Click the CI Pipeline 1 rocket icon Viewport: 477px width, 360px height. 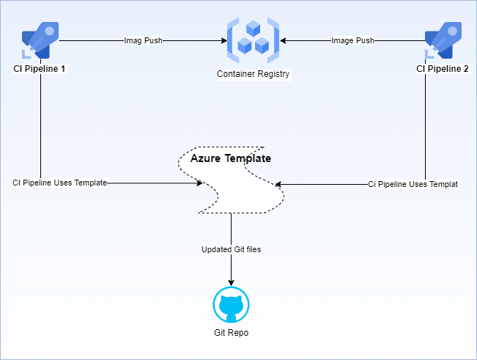pos(40,41)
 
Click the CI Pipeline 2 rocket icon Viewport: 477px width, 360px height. pos(443,41)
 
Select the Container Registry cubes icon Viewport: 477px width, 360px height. pos(254,41)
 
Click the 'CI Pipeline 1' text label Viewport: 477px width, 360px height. pos(40,69)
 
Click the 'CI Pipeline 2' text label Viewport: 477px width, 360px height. pos(443,69)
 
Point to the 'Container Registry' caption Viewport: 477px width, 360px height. pos(254,74)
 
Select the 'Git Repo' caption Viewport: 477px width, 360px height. pos(231,333)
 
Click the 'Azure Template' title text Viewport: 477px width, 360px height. pos(231,158)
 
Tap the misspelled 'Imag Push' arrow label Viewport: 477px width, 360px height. pos(143,41)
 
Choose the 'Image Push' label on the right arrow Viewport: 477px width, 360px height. pos(352,41)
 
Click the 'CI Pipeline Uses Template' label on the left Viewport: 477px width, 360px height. pos(60,183)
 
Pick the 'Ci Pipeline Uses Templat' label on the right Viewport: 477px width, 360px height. pos(413,184)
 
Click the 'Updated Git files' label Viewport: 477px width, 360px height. pos(231,249)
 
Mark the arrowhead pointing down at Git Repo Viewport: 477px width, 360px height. pos(232,282)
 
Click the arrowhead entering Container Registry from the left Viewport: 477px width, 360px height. pos(223,41)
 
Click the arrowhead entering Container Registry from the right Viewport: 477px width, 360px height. pos(284,41)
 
